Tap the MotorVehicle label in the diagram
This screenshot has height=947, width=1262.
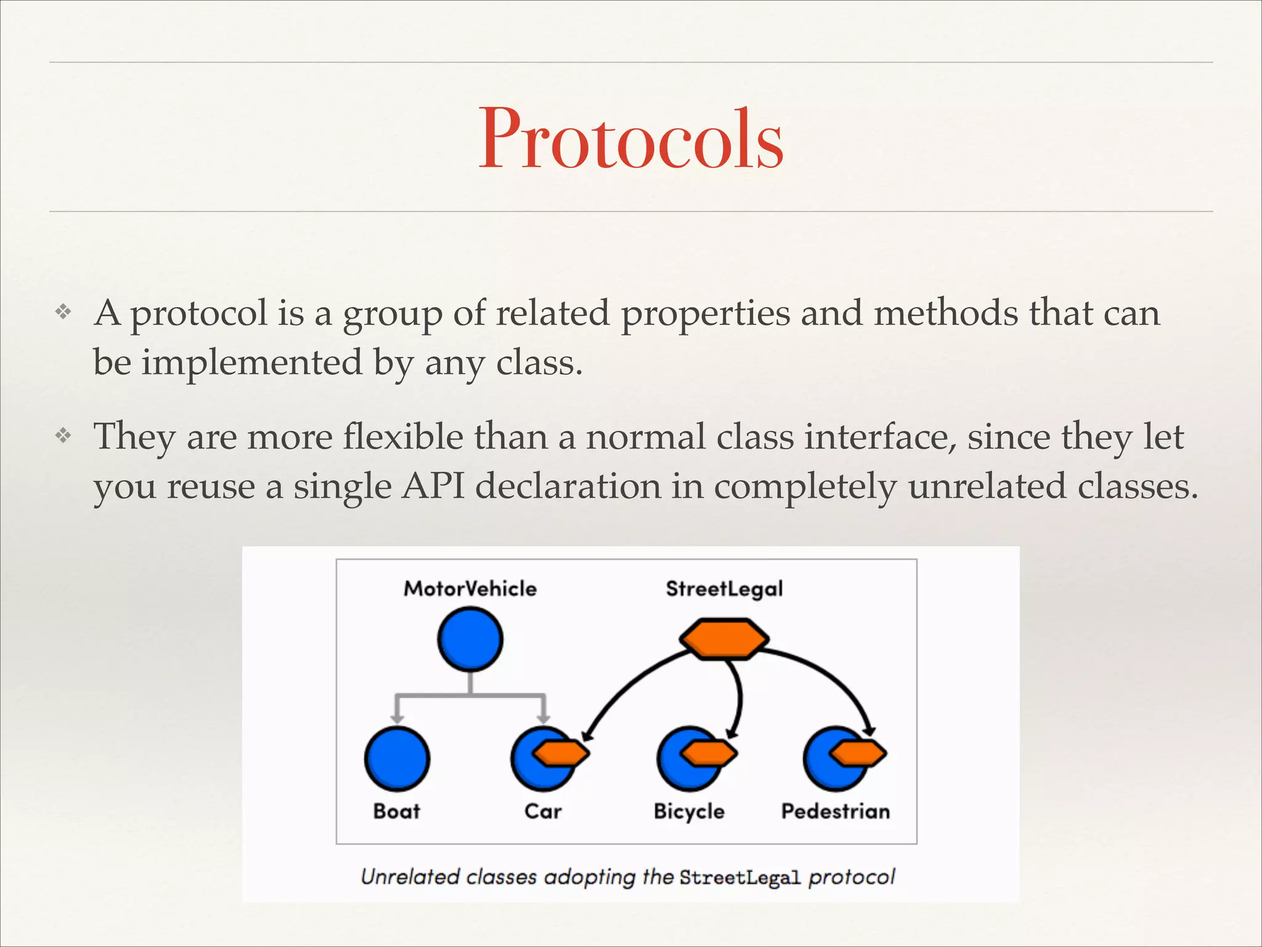pyautogui.click(x=470, y=589)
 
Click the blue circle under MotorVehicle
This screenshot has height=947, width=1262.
pyautogui.click(x=470, y=639)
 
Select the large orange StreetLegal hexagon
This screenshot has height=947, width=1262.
pyautogui.click(x=724, y=639)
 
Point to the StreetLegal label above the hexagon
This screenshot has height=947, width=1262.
pyautogui.click(x=724, y=589)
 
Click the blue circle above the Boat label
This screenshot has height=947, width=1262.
pyautogui.click(x=397, y=758)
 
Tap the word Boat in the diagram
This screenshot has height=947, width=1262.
pyautogui.click(x=396, y=811)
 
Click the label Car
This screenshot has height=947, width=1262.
pyautogui.click(x=543, y=811)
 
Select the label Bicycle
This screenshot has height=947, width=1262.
pyautogui.click(x=689, y=811)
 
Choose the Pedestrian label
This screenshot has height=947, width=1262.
pyautogui.click(x=836, y=811)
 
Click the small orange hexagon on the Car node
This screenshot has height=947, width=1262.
pyautogui.click(x=561, y=753)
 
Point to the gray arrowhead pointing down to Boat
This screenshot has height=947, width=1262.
pyautogui.click(x=397, y=718)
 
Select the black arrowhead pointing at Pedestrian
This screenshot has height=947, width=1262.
pyautogui.click(x=869, y=730)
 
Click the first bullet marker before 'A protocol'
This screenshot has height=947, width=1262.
pyautogui.click(x=63, y=312)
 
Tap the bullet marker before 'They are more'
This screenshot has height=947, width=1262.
pyautogui.click(x=63, y=437)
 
